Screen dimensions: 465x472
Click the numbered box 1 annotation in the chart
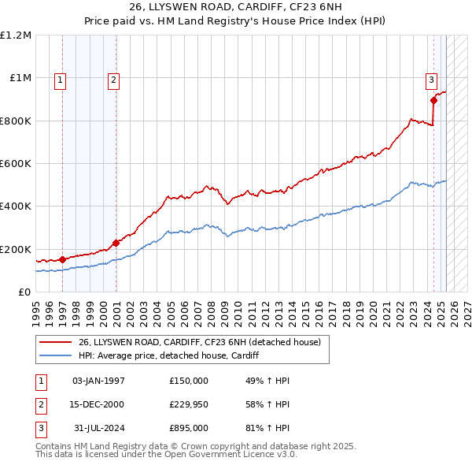pyautogui.click(x=61, y=79)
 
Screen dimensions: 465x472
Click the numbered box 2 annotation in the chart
pyautogui.click(x=113, y=79)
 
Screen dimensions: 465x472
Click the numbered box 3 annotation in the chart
pyautogui.click(x=432, y=79)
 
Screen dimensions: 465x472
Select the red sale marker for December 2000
pyautogui.click(x=116, y=243)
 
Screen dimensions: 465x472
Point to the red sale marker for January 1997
pyautogui.click(x=63, y=259)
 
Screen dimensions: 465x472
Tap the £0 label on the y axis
pyautogui.click(x=24, y=292)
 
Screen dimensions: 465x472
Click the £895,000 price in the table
pyautogui.click(x=188, y=428)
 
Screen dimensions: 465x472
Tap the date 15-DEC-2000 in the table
pyautogui.click(x=98, y=404)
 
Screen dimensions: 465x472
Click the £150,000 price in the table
pyautogui.click(x=188, y=381)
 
